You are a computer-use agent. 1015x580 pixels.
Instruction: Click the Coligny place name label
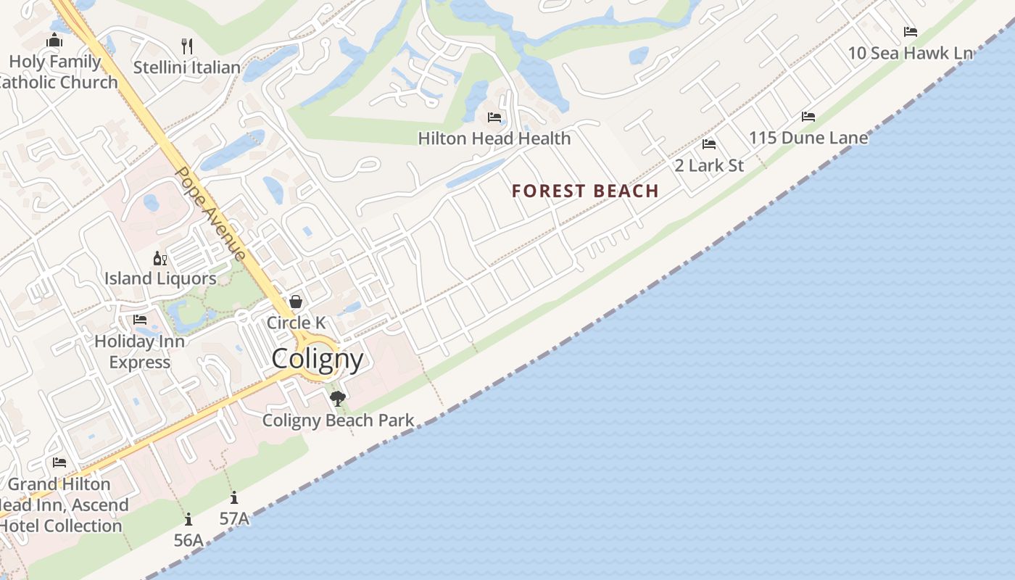click(x=318, y=359)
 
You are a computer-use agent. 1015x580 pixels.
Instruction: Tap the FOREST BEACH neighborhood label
click(x=585, y=191)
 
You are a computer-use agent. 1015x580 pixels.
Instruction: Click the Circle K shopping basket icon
click(x=296, y=302)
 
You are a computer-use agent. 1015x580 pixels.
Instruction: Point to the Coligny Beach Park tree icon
click(x=337, y=398)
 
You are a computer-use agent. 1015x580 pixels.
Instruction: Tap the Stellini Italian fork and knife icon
click(x=187, y=46)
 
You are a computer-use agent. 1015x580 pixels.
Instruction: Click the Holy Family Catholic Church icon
click(x=54, y=41)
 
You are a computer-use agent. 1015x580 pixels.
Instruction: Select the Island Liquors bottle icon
click(x=159, y=258)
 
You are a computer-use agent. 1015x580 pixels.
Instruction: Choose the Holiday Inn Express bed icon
click(x=140, y=320)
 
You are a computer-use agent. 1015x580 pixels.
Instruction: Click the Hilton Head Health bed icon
click(x=494, y=117)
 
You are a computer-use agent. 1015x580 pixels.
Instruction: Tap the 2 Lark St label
click(x=709, y=165)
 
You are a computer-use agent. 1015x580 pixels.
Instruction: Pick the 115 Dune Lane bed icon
click(x=808, y=117)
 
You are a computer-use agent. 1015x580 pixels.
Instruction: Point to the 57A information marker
click(x=234, y=498)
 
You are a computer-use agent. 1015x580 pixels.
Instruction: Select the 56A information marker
click(x=188, y=519)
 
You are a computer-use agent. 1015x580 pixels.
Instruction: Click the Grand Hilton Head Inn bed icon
click(x=59, y=463)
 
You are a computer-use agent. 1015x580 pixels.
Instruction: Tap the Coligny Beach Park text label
click(x=339, y=420)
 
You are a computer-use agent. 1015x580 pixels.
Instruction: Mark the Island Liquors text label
click(x=160, y=278)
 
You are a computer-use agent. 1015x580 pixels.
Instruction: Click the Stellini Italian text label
click(x=187, y=67)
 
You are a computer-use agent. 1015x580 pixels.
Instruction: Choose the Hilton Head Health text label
click(x=494, y=138)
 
